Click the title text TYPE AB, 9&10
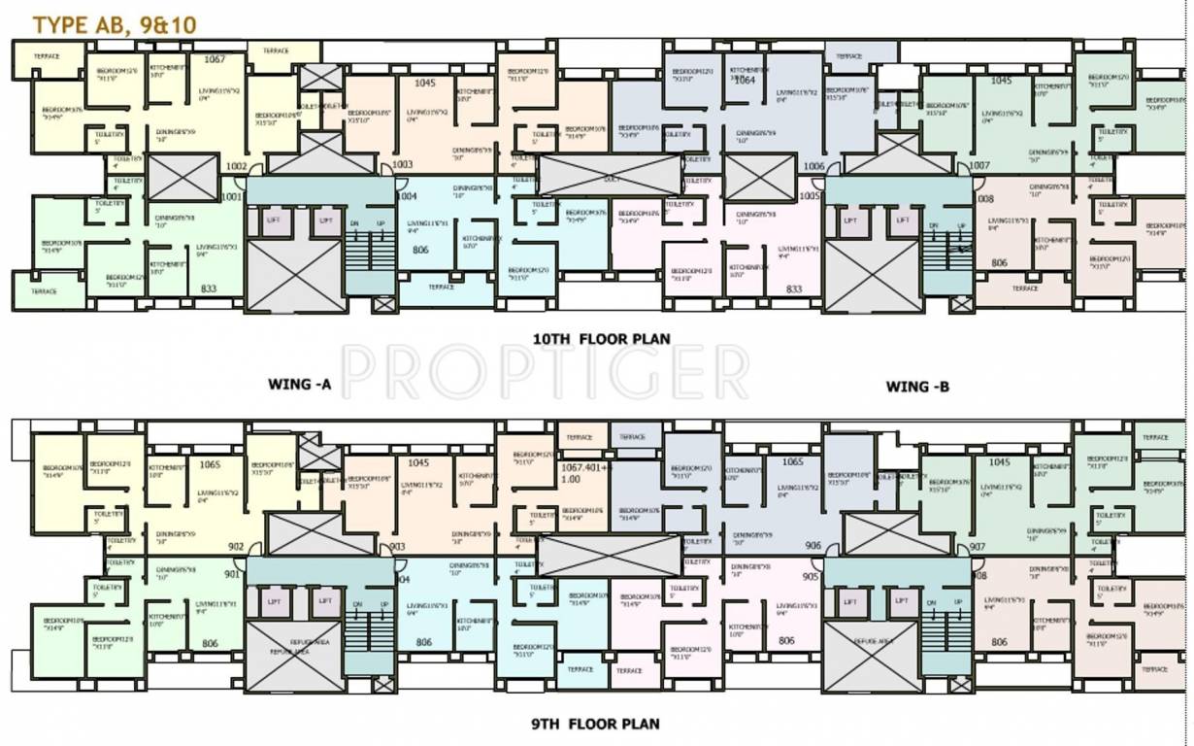click(x=115, y=25)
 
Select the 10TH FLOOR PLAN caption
click(x=601, y=339)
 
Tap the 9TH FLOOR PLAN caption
click(x=595, y=724)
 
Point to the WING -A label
click(x=300, y=385)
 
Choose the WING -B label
click(x=917, y=387)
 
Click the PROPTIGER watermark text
click(x=546, y=372)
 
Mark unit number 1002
click(x=236, y=166)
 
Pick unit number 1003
click(x=402, y=165)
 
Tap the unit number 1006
click(x=813, y=166)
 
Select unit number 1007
click(x=978, y=166)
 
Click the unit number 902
click(x=236, y=547)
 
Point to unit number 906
click(x=813, y=546)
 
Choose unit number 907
click(x=977, y=547)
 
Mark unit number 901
click(x=231, y=574)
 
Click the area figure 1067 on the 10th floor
click(x=215, y=59)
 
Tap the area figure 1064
click(x=745, y=81)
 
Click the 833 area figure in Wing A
click(x=208, y=288)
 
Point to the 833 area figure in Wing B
click(x=794, y=288)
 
